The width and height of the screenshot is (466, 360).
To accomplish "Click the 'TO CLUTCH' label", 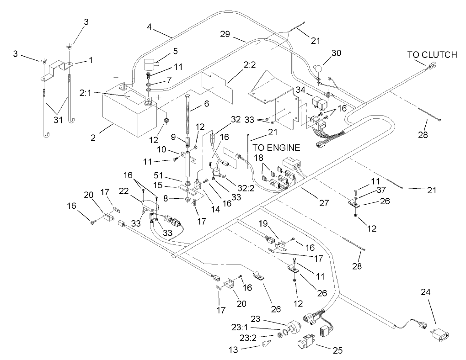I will click(x=432, y=55).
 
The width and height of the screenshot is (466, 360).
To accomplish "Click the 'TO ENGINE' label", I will click(x=277, y=148).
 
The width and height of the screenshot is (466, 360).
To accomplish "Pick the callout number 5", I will click(x=162, y=51).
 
